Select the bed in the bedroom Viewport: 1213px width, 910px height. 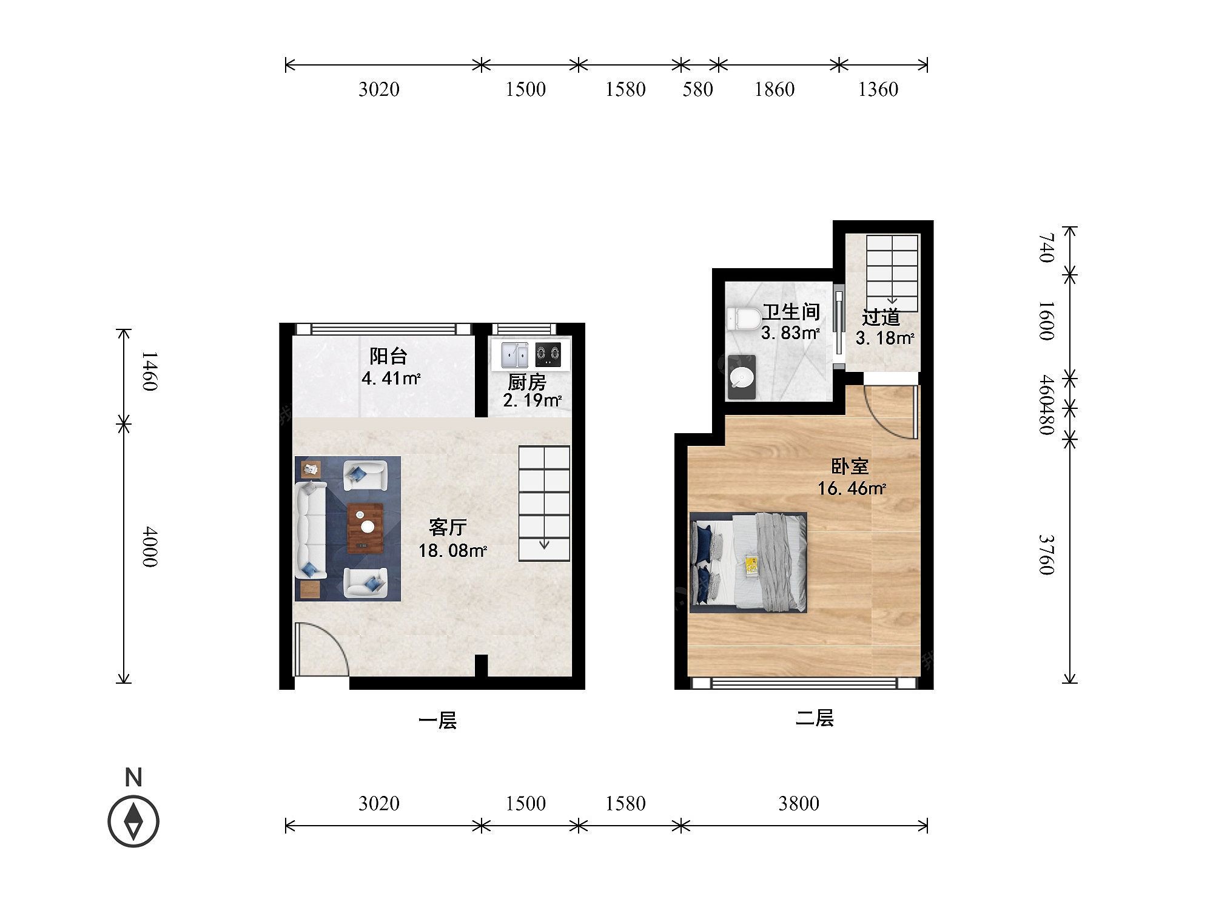[748, 562]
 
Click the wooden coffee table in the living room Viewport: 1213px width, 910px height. [366, 528]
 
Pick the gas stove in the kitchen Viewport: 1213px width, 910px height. [548, 354]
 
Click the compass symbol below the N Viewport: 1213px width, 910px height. [133, 822]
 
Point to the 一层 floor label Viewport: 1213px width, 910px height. [437, 721]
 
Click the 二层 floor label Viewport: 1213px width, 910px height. [815, 718]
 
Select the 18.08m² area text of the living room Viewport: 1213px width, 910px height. [452, 551]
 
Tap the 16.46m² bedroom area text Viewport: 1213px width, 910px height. [852, 488]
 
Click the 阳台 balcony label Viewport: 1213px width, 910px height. [389, 356]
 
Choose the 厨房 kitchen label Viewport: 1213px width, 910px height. [526, 382]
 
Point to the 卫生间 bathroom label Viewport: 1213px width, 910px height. [791, 312]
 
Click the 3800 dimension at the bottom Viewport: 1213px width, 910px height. [799, 804]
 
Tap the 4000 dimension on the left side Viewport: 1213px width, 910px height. [150, 547]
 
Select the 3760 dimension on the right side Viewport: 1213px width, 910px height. [1047, 554]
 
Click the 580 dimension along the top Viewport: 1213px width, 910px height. [697, 90]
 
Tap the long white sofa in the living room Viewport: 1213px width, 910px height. [311, 530]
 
